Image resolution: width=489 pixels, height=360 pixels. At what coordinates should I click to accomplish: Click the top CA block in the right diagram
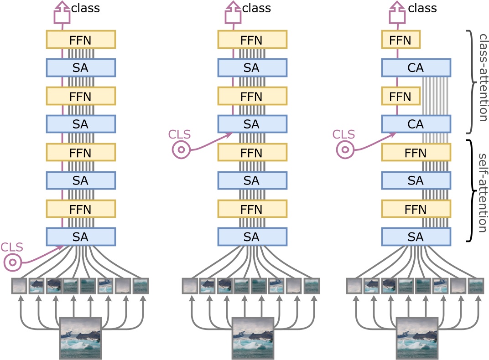[x=416, y=68]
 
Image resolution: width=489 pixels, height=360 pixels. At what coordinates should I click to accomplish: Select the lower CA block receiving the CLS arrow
[x=416, y=124]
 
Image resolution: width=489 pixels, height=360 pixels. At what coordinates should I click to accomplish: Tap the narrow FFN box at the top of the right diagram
[x=401, y=40]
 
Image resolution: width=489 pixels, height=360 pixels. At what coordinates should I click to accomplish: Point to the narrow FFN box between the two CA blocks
[x=401, y=96]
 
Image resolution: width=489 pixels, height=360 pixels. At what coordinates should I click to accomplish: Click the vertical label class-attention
[x=480, y=76]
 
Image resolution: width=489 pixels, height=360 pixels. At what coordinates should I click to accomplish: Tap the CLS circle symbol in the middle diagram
[x=180, y=149]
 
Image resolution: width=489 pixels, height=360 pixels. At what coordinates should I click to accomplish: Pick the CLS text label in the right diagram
[x=343, y=134]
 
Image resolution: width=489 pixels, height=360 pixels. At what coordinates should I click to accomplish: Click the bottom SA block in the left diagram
[x=81, y=237]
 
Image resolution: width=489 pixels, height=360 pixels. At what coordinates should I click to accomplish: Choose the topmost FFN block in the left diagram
[x=81, y=40]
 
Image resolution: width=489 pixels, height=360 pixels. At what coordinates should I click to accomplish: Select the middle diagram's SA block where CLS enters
[x=252, y=124]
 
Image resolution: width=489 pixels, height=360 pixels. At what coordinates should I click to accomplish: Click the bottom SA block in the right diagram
[x=416, y=237]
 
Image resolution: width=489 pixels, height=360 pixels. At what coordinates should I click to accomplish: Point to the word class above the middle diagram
[x=257, y=8]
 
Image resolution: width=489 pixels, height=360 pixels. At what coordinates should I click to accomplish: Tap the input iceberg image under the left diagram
[x=81, y=338]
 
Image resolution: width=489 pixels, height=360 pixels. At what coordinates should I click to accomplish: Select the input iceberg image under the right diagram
[x=416, y=338]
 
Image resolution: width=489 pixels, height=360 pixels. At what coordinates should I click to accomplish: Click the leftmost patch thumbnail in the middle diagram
[x=190, y=286]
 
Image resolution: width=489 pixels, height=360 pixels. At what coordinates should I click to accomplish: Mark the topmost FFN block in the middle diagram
[x=252, y=40]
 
